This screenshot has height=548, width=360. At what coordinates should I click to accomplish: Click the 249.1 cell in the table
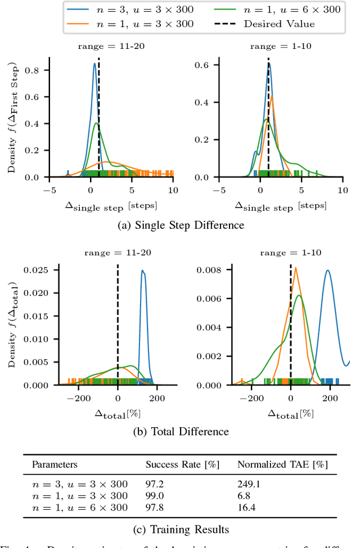tap(248, 484)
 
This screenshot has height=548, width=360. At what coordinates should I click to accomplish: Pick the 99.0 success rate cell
tap(155, 496)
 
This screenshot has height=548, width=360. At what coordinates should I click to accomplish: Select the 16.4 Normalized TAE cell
tap(246, 508)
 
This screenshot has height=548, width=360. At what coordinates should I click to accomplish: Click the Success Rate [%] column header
tap(182, 465)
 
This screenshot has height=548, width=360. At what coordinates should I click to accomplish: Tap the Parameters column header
tap(55, 465)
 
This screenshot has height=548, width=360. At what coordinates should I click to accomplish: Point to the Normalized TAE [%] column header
tap(282, 465)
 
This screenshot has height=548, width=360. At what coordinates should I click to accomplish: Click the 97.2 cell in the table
tap(155, 484)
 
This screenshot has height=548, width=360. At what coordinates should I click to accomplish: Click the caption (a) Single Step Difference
tap(180, 225)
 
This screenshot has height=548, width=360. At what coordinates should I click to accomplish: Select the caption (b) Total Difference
tap(180, 432)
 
